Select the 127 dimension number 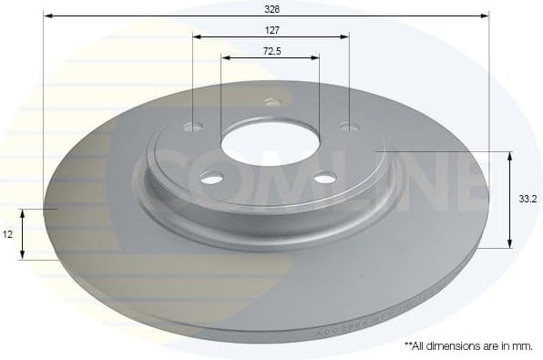click(x=271, y=29)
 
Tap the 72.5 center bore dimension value click(x=271, y=51)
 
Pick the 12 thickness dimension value click(x=7, y=234)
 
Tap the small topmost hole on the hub click(x=270, y=101)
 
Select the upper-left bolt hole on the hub click(x=193, y=127)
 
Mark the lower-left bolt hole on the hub click(x=212, y=178)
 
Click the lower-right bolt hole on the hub click(x=325, y=179)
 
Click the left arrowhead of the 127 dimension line click(x=197, y=37)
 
